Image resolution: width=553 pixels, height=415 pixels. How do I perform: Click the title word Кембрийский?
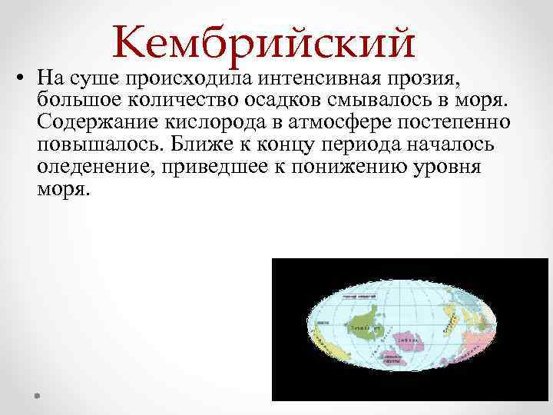pos(263,42)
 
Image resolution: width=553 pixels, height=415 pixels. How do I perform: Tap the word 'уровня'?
pos(441,168)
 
